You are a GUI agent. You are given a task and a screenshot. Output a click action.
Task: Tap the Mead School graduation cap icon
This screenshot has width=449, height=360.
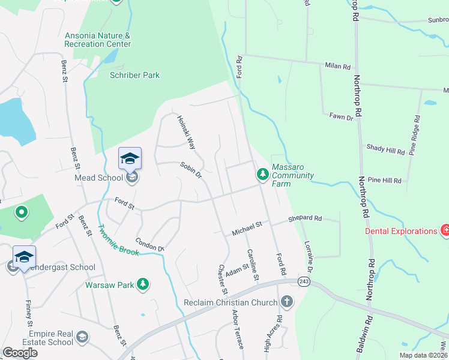tap(130, 158)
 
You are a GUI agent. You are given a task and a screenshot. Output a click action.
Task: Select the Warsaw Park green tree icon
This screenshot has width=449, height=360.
tap(143, 284)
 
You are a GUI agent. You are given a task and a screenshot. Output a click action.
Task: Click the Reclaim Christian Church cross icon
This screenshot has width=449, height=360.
tap(287, 301)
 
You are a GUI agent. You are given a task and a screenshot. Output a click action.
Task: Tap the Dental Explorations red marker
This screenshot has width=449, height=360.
tap(445, 230)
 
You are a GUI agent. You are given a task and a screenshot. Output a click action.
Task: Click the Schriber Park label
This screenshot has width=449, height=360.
tap(134, 75)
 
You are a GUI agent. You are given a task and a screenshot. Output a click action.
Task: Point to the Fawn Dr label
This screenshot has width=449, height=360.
tap(341, 117)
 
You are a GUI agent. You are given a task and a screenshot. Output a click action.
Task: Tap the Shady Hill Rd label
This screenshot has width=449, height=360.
tap(386, 149)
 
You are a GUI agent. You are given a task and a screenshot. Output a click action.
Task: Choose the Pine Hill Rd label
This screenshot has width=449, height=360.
tap(384, 180)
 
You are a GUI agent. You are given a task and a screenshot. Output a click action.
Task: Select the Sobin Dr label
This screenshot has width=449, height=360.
tap(190, 170)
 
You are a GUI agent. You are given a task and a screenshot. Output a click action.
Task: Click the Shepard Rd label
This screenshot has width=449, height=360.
tap(305, 218)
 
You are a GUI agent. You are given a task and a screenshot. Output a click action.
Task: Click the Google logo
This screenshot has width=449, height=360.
tap(20, 353)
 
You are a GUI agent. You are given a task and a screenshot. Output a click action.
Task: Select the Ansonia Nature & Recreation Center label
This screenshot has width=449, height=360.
tap(98, 40)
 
